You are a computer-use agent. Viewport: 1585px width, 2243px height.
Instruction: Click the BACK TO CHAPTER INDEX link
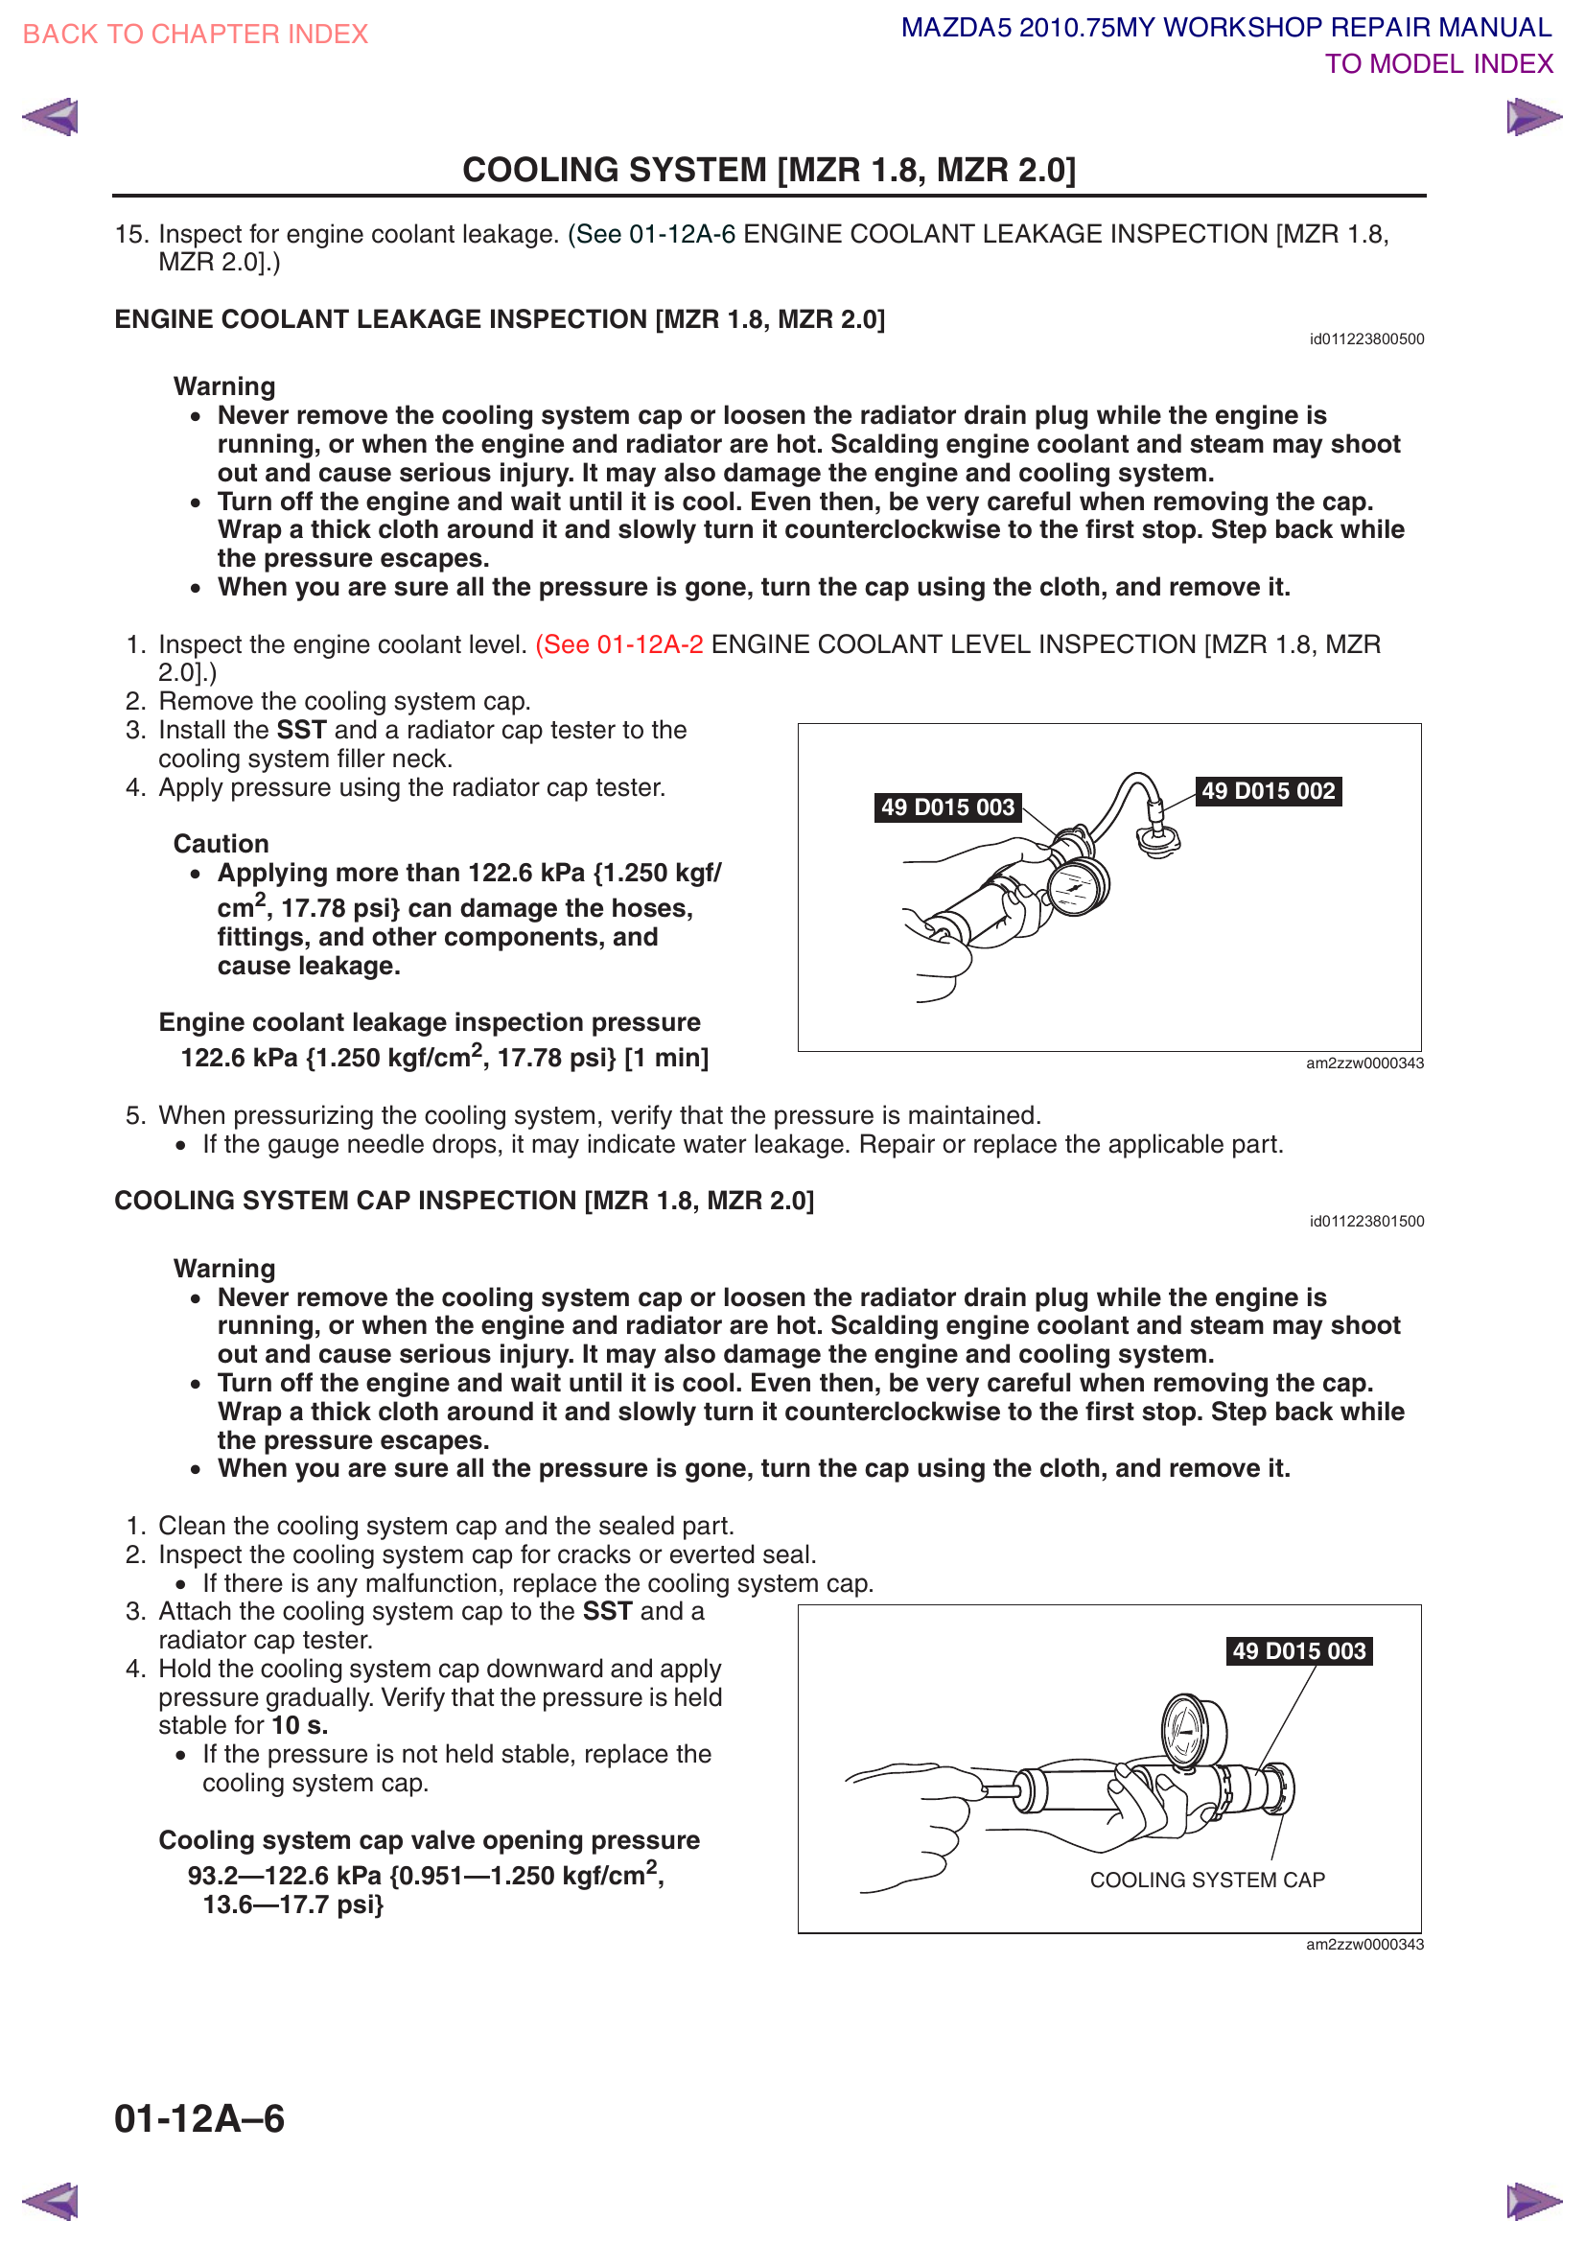click(x=196, y=35)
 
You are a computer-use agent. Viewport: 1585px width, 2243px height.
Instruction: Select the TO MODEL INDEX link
click(x=1437, y=64)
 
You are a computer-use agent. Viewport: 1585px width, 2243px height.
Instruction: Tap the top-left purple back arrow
click(x=51, y=117)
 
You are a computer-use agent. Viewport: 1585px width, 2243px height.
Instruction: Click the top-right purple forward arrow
click(x=1532, y=117)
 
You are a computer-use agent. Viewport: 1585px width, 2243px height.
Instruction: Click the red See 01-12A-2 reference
click(x=619, y=644)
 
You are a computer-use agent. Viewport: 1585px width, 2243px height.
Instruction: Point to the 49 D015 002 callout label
click(x=1268, y=791)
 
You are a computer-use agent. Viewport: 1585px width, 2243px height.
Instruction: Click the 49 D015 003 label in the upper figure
click(x=947, y=807)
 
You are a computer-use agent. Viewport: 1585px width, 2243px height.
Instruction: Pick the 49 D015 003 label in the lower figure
click(x=1299, y=1651)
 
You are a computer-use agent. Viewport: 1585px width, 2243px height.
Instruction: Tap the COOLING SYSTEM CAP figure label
click(x=1207, y=1880)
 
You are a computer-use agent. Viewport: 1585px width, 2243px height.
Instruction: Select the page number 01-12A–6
click(x=199, y=2119)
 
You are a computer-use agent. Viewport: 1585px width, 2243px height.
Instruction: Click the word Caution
click(x=221, y=844)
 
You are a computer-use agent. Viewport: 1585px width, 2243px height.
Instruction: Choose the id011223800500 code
click(x=1366, y=339)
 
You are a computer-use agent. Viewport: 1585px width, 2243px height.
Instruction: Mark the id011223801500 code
click(x=1366, y=1221)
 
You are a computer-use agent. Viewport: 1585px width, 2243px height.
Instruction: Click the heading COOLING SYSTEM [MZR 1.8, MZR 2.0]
click(x=769, y=170)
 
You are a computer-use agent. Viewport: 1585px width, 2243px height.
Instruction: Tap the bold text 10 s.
click(x=299, y=1725)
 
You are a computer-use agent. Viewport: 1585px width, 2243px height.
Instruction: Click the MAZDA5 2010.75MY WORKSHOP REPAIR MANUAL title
click(x=1225, y=28)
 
